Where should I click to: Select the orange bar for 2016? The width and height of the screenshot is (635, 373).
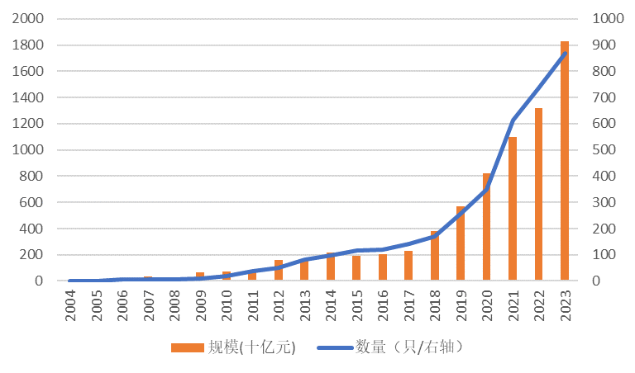[x=383, y=267]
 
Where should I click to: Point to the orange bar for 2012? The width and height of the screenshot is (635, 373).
[x=279, y=271]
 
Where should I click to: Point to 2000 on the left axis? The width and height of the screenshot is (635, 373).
[x=27, y=19]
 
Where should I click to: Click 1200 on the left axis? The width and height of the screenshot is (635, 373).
[x=27, y=124]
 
